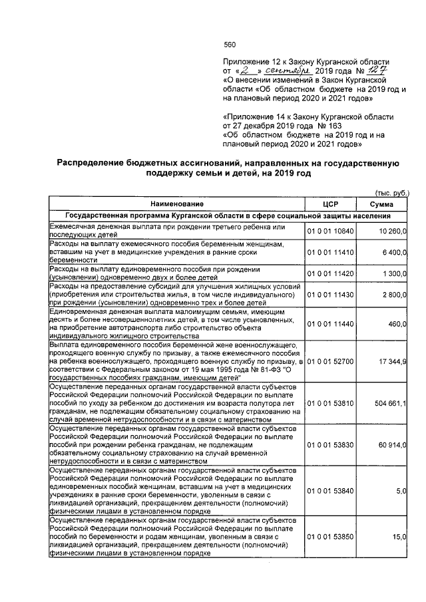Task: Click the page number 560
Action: point(230,45)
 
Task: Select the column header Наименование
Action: point(176,204)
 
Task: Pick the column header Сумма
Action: point(381,204)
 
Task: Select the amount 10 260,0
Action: point(393,231)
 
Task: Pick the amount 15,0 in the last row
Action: point(400,536)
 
